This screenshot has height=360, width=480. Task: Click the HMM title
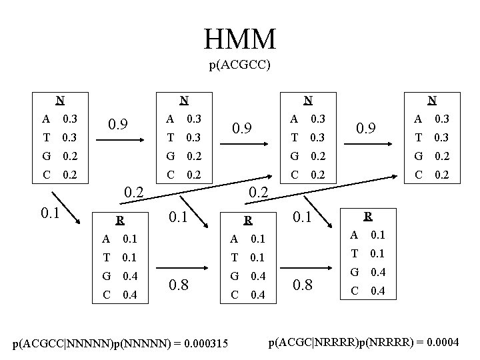point(240,39)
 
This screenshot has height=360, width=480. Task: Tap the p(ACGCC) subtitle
point(239,66)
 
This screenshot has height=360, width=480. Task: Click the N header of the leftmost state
point(60,101)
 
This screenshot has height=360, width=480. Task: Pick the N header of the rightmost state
point(432,101)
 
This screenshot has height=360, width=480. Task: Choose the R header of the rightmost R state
point(368,216)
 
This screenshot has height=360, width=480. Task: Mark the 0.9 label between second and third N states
point(245,127)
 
